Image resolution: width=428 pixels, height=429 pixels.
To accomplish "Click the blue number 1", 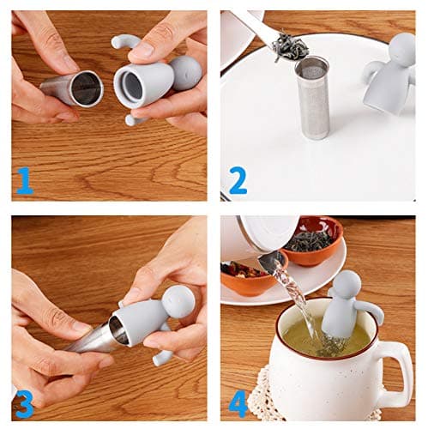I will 24,179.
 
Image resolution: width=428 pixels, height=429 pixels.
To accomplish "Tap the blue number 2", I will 238,179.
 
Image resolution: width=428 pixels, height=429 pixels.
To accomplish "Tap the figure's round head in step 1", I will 185,73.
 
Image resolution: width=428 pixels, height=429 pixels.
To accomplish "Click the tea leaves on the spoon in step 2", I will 290,47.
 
